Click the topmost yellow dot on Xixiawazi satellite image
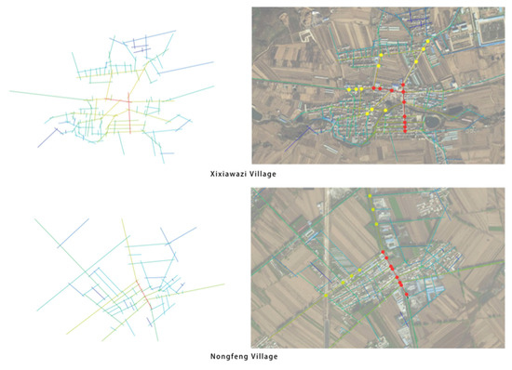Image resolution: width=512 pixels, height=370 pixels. click(428, 42)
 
